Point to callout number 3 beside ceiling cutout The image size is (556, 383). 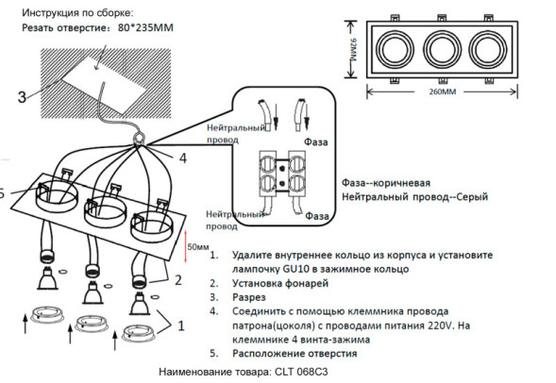[x=21, y=96]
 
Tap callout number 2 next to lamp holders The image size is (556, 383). [x=176, y=280]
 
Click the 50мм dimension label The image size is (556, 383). [x=198, y=246]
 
